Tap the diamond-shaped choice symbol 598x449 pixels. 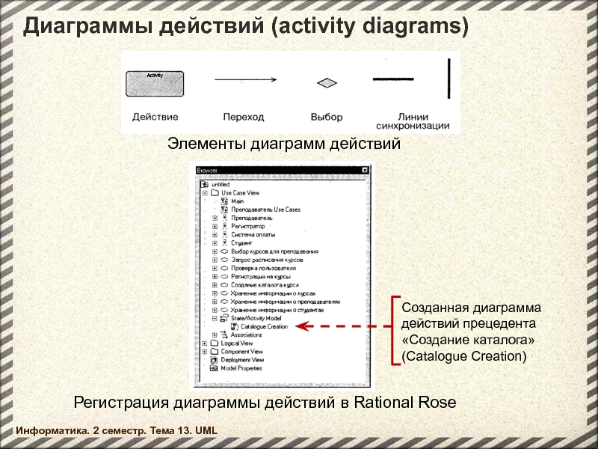(326, 83)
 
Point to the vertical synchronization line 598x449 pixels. (449, 77)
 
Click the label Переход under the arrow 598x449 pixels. (244, 117)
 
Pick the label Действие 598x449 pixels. (155, 117)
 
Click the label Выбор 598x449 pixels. (327, 117)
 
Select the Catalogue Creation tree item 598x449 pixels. (263, 327)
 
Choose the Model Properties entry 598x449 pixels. (241, 368)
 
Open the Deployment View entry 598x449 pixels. (241, 360)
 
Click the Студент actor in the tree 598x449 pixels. (241, 243)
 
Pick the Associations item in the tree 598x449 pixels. (246, 335)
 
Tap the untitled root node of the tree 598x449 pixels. (221, 184)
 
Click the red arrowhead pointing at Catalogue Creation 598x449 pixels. (301, 326)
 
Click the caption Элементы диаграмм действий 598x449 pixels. (284, 143)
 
